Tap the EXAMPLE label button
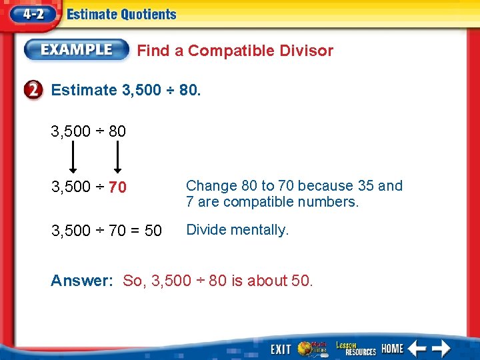point(77,50)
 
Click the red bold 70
point(117,188)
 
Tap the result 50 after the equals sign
point(153,231)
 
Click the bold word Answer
point(81,281)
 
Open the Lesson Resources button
point(355,347)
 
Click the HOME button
point(393,348)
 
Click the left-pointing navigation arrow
point(417,348)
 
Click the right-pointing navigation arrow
point(441,348)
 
